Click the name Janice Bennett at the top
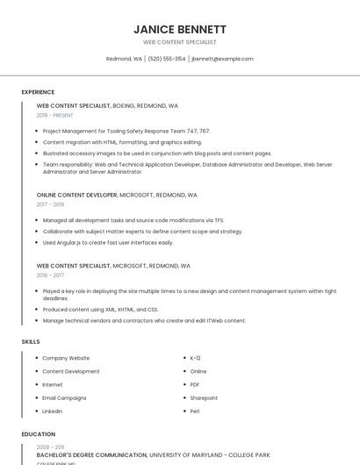(179, 29)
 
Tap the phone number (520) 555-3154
(166, 59)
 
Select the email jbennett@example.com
(222, 59)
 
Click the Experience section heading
(38, 92)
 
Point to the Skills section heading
(31, 341)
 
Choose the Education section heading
(39, 434)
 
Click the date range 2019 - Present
(55, 115)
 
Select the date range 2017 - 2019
(50, 204)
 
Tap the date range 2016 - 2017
(50, 275)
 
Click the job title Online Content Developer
(77, 195)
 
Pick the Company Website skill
(66, 358)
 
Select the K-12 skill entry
(195, 358)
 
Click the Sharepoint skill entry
(204, 397)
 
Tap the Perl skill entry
(195, 411)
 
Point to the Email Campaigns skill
(64, 397)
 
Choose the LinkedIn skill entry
(53, 411)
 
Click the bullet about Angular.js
(108, 242)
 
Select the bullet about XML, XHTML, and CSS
(100, 309)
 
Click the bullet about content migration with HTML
(122, 141)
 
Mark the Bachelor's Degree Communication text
(92, 454)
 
